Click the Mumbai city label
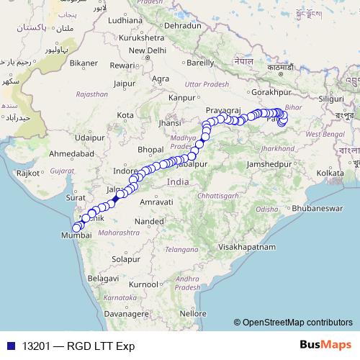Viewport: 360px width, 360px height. point(76,235)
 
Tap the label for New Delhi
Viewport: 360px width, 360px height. point(144,51)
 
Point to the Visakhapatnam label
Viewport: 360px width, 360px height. point(247,247)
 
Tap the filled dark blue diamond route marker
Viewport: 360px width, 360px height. point(117,197)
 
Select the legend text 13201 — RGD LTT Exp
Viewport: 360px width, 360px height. point(78,346)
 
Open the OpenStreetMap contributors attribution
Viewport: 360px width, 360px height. point(297,323)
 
